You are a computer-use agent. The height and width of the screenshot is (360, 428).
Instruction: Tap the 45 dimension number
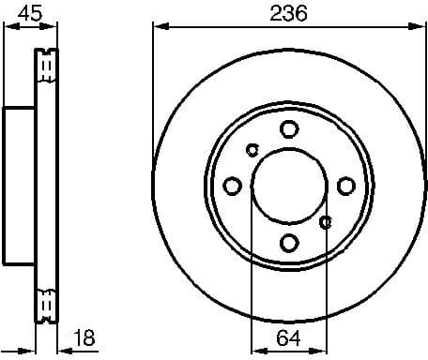tap(31, 12)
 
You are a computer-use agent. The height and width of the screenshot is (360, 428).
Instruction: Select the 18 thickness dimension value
tap(84, 337)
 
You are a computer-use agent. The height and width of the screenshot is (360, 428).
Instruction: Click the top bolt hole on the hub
tap(289, 129)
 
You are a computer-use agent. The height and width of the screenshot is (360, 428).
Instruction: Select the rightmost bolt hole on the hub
tap(345, 185)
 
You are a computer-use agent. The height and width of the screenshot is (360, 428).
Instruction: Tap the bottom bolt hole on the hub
tap(289, 242)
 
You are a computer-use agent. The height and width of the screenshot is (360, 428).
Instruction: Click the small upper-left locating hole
tap(252, 148)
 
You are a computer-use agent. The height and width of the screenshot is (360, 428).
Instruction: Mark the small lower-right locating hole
tap(326, 222)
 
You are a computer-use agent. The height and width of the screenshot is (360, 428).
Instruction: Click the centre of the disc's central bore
tap(289, 185)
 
